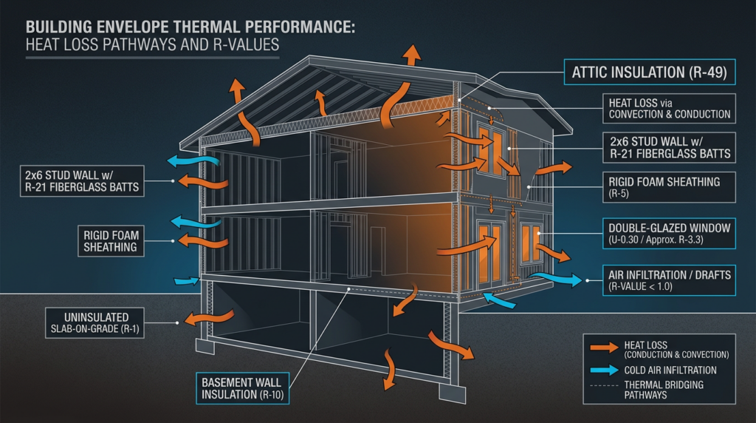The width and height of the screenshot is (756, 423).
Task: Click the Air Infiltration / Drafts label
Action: pyautogui.click(x=669, y=280)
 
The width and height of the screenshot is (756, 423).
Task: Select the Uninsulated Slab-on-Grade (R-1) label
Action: pyautogui.click(x=94, y=322)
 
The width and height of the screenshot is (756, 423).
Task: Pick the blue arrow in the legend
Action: pyautogui.click(x=603, y=370)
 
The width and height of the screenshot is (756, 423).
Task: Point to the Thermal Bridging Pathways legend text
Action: pyautogui.click(x=664, y=390)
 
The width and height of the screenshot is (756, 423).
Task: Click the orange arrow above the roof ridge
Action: pyautogui.click(x=412, y=54)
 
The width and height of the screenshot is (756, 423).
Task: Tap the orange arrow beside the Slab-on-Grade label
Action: pyautogui.click(x=199, y=319)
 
